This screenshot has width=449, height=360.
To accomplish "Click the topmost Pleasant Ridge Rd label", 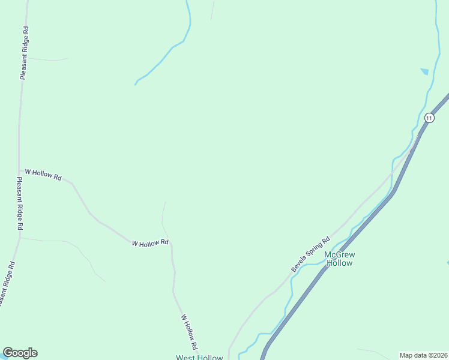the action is (x=24, y=53).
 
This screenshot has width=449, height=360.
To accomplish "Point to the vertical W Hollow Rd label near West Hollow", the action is (x=188, y=332).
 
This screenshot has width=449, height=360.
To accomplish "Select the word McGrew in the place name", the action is (x=339, y=254).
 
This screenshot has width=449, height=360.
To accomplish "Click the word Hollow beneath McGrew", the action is (x=340, y=263).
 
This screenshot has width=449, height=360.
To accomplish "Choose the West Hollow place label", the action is (x=199, y=358).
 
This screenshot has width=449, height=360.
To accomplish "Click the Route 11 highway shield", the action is (x=429, y=118).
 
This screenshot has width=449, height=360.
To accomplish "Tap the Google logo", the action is (x=20, y=353).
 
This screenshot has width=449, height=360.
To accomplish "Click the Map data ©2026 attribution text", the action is (x=423, y=355).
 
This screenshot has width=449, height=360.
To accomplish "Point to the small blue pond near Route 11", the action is (x=425, y=71).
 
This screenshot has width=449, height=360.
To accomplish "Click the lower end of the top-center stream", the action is (x=136, y=84).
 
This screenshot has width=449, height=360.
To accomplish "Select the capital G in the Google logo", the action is (x=8, y=353).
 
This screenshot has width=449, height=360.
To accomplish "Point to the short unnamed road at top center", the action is (x=212, y=10).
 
